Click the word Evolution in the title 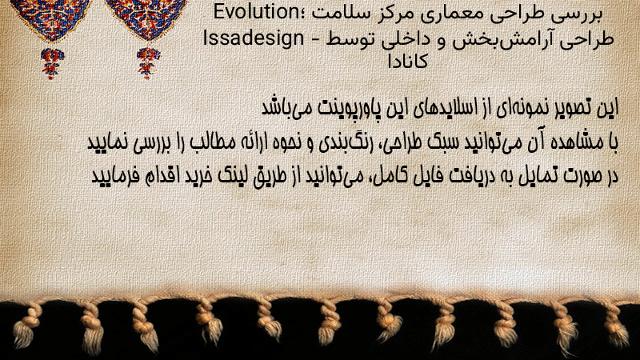(x=257, y=12)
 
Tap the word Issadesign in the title (x=254, y=38)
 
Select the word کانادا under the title (x=407, y=62)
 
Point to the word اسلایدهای (x=448, y=108)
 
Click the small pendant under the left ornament (x=52, y=63)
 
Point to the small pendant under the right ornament (x=148, y=62)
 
